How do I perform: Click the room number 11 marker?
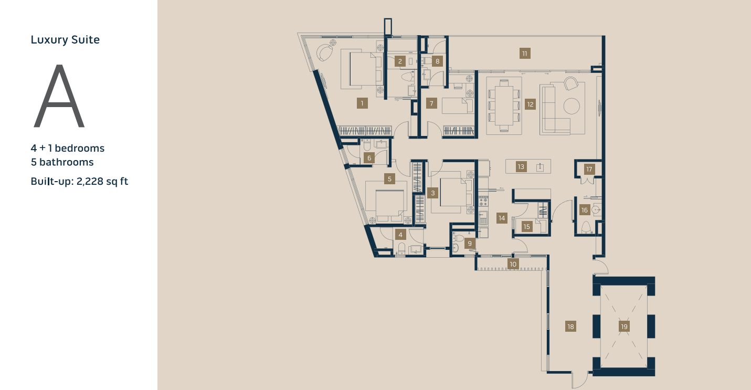524,53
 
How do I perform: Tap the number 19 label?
624,326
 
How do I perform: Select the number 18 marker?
570,326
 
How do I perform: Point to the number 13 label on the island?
521,167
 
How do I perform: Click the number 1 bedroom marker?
362,103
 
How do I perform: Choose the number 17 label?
589,169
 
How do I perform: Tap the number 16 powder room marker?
584,210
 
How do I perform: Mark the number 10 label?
513,263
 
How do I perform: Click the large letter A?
59,97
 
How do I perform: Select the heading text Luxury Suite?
65,40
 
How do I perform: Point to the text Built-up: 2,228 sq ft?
79,182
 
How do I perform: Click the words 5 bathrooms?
62,162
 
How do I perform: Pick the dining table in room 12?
504,105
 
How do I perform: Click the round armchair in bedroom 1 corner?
325,52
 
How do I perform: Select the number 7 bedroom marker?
431,103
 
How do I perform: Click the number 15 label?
527,227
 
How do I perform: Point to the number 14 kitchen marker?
502,218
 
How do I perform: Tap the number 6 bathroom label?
369,157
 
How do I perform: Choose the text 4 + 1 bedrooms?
68,148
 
